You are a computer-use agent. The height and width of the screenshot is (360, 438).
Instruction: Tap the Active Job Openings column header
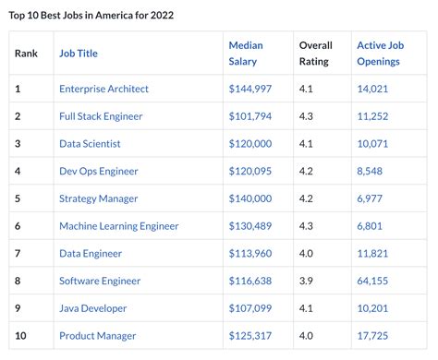378,53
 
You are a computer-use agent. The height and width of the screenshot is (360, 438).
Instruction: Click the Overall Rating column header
315,53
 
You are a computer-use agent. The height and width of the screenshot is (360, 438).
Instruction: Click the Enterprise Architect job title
103,89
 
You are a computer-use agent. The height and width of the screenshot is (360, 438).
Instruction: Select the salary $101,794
249,116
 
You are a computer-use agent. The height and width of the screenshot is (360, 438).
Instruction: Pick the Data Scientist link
90,144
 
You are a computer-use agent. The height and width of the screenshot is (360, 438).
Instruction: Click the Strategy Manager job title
98,198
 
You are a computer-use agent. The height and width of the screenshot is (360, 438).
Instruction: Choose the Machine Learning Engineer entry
118,226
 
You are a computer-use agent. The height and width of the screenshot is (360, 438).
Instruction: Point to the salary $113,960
249,253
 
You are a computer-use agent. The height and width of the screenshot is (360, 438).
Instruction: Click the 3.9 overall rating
306,281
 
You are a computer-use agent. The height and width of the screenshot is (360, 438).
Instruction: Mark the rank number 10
20,335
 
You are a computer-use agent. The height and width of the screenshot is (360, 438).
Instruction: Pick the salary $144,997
249,89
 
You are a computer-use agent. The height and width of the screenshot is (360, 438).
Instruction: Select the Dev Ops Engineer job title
99,171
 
